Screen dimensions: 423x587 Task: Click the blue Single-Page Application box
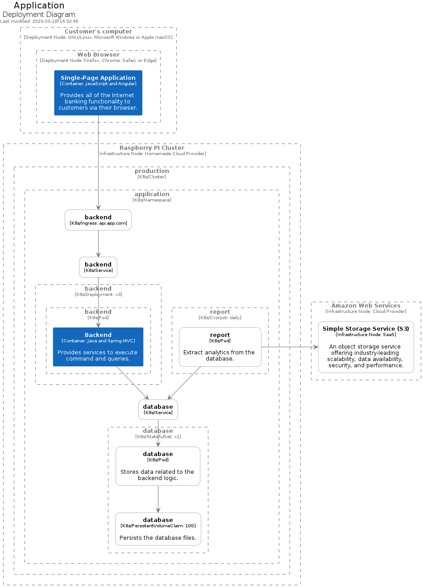[98, 93]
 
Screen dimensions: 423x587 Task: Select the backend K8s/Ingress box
[98, 220]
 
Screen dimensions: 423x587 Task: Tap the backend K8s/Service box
[98, 267]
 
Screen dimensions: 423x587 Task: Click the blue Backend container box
[98, 347]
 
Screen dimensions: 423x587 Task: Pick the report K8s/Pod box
[220, 347]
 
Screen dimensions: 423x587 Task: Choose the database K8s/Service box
[158, 409]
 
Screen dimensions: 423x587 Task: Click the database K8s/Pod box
[158, 466]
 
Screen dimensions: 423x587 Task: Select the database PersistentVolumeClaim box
[158, 529]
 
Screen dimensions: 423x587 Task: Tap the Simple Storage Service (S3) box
[366, 347]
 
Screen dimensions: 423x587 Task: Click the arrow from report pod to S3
[290, 347]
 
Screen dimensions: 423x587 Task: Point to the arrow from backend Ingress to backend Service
[99, 243]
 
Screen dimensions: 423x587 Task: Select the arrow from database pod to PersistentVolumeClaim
[158, 499]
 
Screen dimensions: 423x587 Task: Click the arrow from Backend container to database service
[133, 383]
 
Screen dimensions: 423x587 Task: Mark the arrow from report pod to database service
[184, 383]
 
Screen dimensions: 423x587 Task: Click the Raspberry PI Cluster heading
[152, 148]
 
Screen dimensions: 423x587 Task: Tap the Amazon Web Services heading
[366, 306]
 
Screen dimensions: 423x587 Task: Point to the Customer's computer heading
[99, 32]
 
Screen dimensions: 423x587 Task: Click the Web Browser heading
[99, 54]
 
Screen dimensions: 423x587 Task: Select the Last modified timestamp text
[39, 21]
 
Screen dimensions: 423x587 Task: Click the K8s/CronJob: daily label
[220, 318]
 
